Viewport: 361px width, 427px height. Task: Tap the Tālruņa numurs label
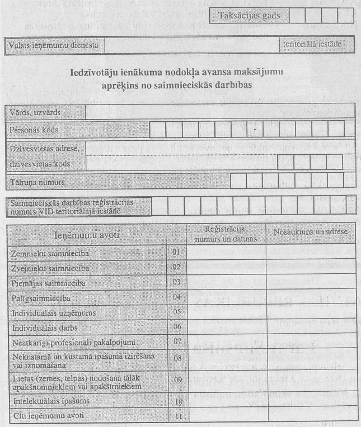pos(37,182)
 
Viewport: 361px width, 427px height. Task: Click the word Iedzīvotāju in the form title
pos(100,73)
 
